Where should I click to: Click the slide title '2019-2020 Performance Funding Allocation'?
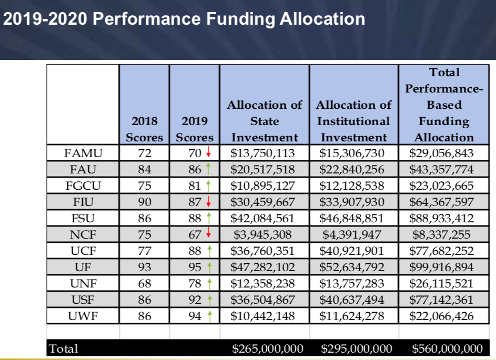click(184, 19)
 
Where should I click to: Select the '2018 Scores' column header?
click(144, 129)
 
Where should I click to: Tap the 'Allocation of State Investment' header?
click(265, 121)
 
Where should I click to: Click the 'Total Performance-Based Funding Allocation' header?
click(444, 105)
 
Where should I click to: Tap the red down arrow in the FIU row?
click(209, 202)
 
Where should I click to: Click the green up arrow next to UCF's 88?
click(209, 251)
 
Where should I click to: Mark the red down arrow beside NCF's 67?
click(209, 235)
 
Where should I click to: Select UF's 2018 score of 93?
click(144, 268)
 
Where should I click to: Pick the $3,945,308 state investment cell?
click(265, 235)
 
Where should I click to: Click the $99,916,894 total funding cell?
click(444, 268)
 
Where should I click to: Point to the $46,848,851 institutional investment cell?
click(353, 219)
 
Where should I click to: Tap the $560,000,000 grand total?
click(447, 348)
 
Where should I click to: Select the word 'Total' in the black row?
click(63, 348)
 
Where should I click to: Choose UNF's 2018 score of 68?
click(144, 284)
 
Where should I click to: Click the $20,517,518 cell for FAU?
click(265, 170)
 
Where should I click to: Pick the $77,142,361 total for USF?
click(444, 300)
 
